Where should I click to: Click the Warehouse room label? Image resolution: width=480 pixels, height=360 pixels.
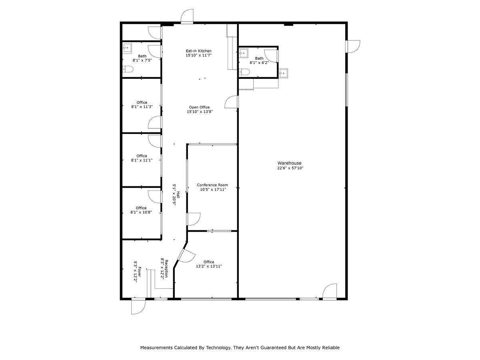tap(290, 163)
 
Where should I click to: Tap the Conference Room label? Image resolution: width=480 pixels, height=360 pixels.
tap(212, 185)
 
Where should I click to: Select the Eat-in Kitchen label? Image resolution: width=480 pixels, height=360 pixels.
tap(198, 51)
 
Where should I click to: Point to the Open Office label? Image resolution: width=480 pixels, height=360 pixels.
tap(199, 107)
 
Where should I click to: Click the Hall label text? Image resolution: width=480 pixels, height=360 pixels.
tap(178, 195)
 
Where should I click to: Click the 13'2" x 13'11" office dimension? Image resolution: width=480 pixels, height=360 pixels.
tap(209, 266)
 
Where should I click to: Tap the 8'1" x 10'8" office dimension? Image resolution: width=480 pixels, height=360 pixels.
tap(141, 212)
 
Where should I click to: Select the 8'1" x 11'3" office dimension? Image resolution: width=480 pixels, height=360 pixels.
tap(142, 107)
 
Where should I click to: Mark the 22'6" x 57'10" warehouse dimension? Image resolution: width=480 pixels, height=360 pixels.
tap(290, 168)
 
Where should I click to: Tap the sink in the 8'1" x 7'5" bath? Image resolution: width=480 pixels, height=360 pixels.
tap(127, 48)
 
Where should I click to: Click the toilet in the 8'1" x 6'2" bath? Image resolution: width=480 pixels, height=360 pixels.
tap(244, 72)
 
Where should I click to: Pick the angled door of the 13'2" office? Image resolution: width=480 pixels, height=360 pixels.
tap(185, 255)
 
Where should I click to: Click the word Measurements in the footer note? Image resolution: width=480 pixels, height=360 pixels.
tap(156, 348)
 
